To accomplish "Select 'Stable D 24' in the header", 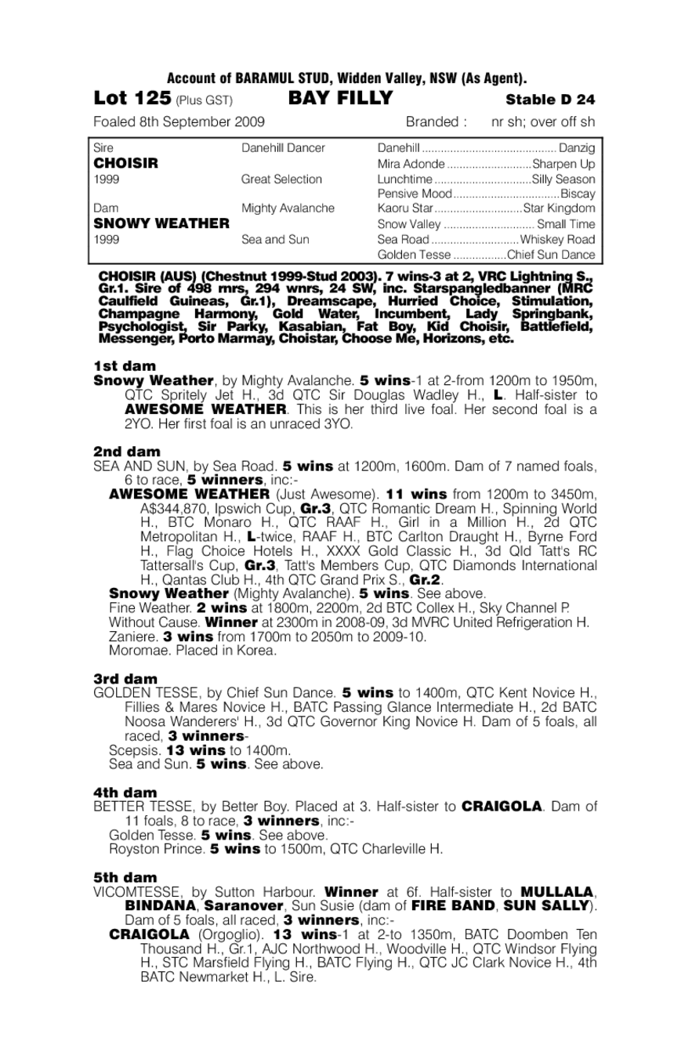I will [x=550, y=100].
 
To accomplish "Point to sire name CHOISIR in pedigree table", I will [x=125, y=163].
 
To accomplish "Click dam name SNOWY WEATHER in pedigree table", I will [x=161, y=223].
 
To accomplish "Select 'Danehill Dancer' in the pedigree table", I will [x=283, y=148].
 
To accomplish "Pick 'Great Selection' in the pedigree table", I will [x=281, y=179].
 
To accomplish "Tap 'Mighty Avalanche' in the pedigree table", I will [x=288, y=209].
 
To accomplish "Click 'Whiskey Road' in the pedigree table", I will [x=557, y=239].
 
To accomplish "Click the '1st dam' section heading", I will [x=125, y=366].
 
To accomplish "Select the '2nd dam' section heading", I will [x=126, y=452].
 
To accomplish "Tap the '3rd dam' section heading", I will [x=125, y=679].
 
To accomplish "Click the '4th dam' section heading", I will [x=125, y=793].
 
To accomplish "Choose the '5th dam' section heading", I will [x=125, y=877].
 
